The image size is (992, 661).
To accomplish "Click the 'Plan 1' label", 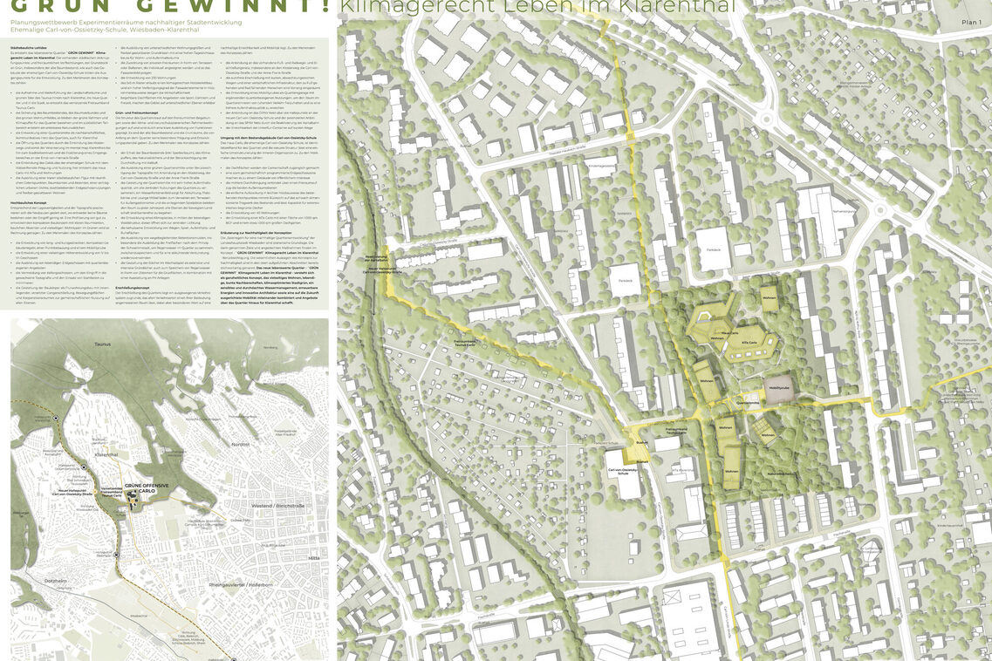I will tap(968, 21).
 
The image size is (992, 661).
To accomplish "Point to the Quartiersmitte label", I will tap(747, 404).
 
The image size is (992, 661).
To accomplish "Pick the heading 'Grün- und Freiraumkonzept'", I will tap(140, 114).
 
